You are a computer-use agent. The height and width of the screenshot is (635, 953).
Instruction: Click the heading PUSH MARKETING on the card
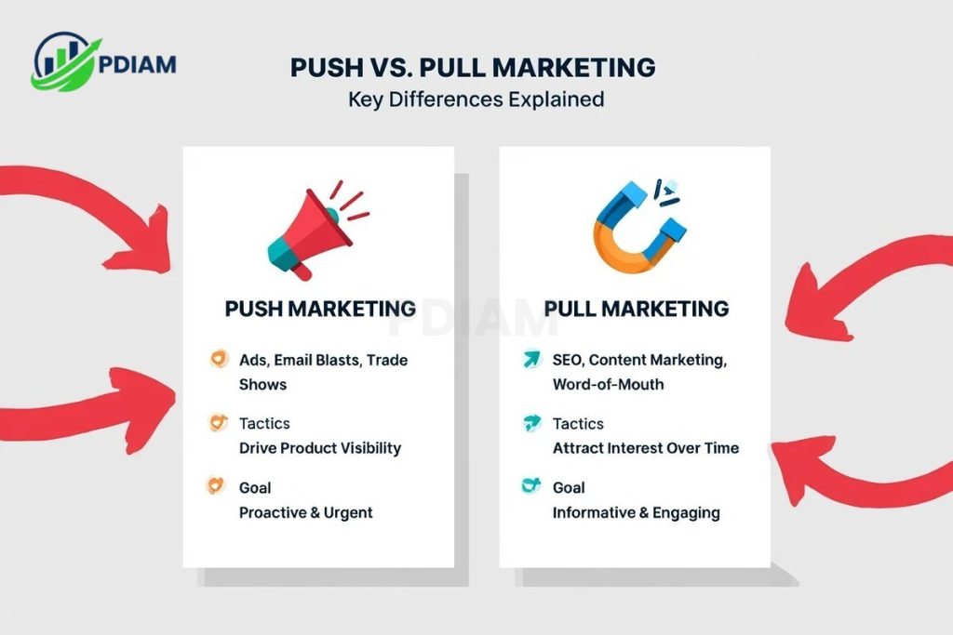(x=320, y=309)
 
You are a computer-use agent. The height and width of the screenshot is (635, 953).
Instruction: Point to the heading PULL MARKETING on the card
(x=637, y=309)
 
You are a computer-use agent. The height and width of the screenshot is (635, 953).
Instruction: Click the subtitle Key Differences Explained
(x=476, y=99)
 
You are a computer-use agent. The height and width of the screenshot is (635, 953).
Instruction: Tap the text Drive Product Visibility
(x=320, y=448)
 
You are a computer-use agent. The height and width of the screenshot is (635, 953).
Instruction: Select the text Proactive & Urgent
(x=306, y=512)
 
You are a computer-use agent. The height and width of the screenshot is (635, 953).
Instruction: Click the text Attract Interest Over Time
(x=646, y=448)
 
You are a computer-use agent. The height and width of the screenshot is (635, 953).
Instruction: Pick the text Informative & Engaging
(x=636, y=512)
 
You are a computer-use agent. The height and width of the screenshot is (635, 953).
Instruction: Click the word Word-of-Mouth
(x=609, y=384)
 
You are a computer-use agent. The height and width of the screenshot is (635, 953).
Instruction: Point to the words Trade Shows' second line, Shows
(x=262, y=384)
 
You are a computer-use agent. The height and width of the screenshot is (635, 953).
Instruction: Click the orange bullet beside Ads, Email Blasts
(x=218, y=359)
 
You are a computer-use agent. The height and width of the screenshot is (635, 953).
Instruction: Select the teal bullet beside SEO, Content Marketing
(x=531, y=359)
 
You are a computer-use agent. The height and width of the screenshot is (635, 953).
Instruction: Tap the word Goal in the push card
(x=255, y=487)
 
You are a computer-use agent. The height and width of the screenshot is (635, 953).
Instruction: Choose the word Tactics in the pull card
(x=578, y=424)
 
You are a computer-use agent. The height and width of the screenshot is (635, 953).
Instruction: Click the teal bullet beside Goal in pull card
(x=531, y=486)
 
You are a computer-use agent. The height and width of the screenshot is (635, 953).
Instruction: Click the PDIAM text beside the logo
(x=137, y=65)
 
